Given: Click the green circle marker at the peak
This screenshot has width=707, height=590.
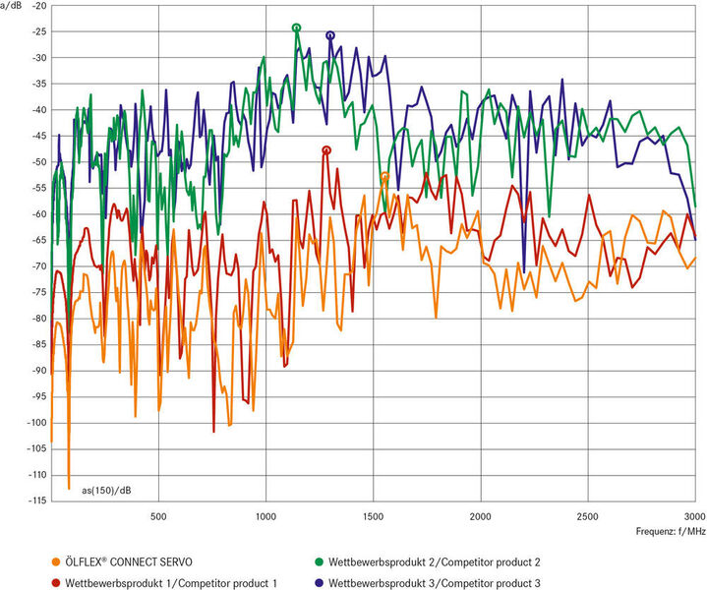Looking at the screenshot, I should [x=296, y=29].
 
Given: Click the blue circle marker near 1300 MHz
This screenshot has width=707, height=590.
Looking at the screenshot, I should [x=330, y=35].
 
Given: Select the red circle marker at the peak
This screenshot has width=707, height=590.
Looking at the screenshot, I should [x=326, y=150].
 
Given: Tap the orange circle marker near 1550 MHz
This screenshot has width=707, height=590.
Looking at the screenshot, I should [x=384, y=177].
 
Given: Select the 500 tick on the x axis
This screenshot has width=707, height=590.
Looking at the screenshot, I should [x=157, y=515].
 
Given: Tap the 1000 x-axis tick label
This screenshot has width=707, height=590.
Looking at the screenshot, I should [x=265, y=515].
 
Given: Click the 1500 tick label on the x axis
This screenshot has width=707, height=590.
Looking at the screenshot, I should [x=372, y=515].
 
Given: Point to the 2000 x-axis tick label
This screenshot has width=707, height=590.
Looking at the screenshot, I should [x=480, y=515].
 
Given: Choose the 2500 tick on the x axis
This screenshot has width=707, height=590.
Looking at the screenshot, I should [x=587, y=515].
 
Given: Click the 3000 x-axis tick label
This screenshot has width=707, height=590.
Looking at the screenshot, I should [x=693, y=515].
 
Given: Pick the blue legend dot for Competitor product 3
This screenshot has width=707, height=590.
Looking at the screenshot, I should [x=320, y=582].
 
